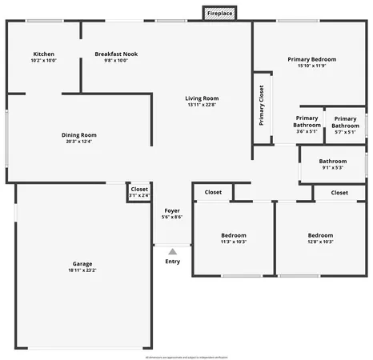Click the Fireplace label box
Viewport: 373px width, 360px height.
coord(220,14)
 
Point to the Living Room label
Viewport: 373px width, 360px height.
coord(202,98)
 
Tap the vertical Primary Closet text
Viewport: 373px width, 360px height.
coord(262,106)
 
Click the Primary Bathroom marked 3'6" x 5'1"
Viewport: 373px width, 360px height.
coord(307,122)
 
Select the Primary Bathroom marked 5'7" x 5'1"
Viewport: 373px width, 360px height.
coord(345,122)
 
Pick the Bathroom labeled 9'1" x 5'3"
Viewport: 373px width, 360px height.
coord(332,164)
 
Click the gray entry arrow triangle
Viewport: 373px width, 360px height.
coord(172,252)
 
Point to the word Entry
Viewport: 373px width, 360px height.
coord(172,262)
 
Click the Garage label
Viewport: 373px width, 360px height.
coord(82,263)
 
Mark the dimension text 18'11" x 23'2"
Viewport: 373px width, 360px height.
coord(82,270)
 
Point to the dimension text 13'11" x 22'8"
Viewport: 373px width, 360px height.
coord(202,104)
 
